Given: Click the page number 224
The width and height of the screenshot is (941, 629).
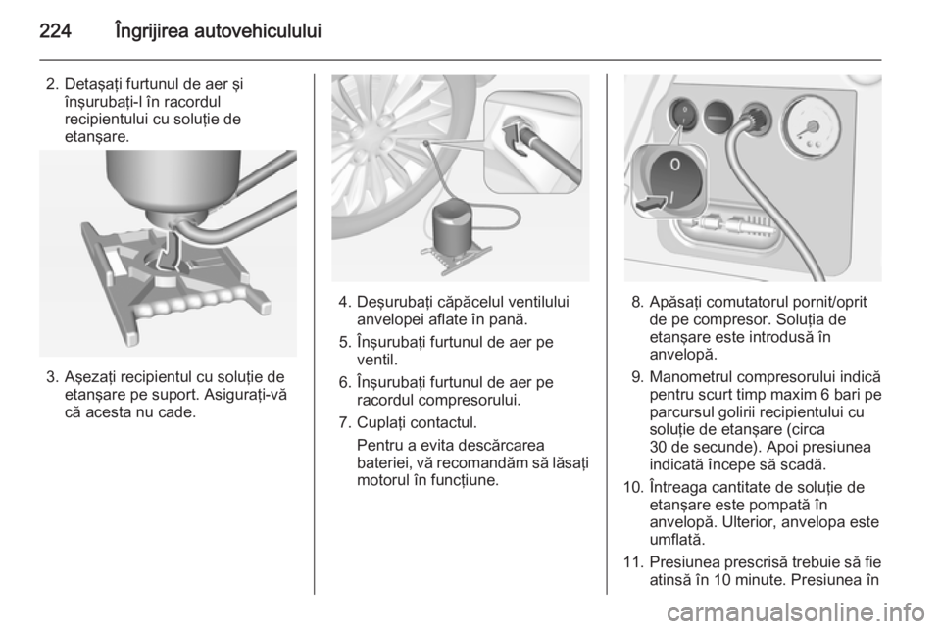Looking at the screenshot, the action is (55, 31).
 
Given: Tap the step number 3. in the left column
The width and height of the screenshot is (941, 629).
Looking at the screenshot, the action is (53, 377).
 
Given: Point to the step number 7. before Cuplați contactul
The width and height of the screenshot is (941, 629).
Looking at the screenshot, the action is (345, 422).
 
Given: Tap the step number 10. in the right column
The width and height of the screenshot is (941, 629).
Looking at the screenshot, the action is (634, 488).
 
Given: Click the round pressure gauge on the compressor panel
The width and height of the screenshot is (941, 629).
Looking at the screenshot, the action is (810, 127).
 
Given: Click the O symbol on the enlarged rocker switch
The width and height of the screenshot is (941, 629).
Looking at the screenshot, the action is (675, 164).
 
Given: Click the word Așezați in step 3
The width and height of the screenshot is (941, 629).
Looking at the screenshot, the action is (90, 378).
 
